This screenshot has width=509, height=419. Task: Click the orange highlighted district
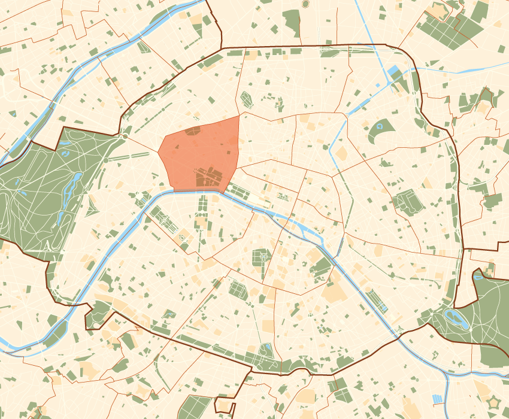click(201, 153)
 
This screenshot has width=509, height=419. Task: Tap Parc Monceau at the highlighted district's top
click(193, 130)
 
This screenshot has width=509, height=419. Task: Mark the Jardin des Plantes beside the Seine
click(322, 266)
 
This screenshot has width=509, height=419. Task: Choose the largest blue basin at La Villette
click(395, 74)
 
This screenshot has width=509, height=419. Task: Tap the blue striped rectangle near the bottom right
click(438, 399)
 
